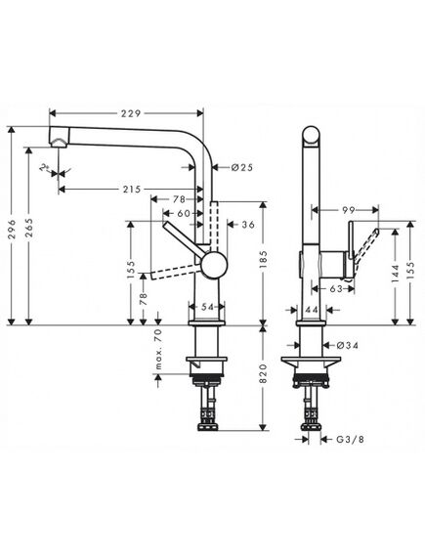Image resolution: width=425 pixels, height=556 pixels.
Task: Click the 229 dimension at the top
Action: [x=131, y=113]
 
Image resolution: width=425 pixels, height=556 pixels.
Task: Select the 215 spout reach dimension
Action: [x=132, y=190]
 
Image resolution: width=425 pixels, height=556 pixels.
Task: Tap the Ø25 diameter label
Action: [x=242, y=167]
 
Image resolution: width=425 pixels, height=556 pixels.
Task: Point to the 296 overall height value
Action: [x=12, y=229]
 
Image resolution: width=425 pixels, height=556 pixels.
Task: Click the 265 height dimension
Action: [x=29, y=228]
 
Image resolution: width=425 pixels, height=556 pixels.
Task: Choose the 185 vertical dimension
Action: [x=263, y=260]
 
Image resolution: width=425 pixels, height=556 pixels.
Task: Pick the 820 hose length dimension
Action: [x=263, y=373]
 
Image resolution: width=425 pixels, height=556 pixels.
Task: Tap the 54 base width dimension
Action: [x=207, y=307]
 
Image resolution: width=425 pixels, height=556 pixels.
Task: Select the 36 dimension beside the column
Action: [x=248, y=225]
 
